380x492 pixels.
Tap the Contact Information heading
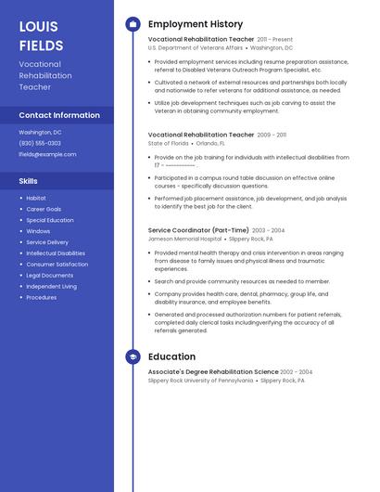[x=59, y=115]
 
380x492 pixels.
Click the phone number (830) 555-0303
[x=40, y=143]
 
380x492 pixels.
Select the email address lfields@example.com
[x=47, y=154]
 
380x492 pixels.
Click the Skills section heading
[x=29, y=181]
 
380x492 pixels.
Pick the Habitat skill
[x=36, y=199]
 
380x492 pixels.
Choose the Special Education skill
[x=50, y=220]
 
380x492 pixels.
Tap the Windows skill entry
[x=38, y=231]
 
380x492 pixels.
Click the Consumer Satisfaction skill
[x=57, y=265]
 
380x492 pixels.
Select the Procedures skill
[x=42, y=298]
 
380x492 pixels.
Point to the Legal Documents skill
[x=50, y=276]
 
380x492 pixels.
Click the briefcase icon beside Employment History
[x=133, y=24]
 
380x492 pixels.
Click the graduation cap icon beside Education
[x=133, y=356]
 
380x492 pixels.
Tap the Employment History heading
[x=196, y=24]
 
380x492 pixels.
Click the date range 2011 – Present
[x=275, y=40]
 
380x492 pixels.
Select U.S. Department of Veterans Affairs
[x=196, y=47]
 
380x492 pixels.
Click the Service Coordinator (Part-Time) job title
[x=198, y=230]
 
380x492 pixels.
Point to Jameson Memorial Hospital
[x=184, y=239]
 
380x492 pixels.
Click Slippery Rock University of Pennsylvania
[x=200, y=381]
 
